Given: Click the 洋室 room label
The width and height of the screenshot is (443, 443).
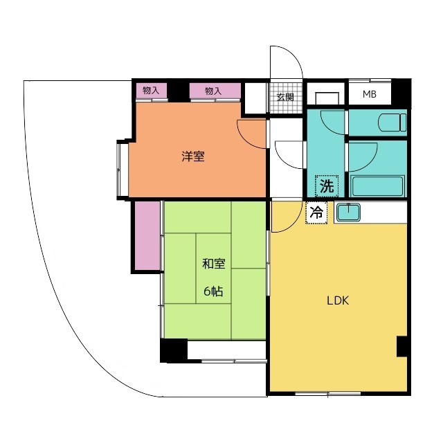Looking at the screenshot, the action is [193, 156].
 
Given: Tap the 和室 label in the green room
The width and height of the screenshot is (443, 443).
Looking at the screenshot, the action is [214, 264].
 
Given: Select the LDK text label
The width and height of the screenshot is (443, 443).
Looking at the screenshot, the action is [338, 300].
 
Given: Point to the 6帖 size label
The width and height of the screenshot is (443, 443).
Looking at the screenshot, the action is [213, 291].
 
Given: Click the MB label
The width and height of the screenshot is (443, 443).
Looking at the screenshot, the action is [370, 94].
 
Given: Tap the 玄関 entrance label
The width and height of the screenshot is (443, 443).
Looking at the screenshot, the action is [285, 97].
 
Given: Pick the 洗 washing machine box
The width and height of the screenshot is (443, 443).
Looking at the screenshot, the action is [327, 186].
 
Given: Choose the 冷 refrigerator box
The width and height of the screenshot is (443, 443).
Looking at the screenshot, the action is [316, 213].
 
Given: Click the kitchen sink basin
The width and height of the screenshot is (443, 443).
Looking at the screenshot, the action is [347, 213].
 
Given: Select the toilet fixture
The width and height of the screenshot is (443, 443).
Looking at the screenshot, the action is [392, 123].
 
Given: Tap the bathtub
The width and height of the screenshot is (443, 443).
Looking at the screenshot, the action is [377, 186].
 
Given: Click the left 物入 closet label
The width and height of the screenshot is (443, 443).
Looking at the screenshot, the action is [151, 91].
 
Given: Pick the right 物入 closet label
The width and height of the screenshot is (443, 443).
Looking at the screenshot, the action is [213, 91].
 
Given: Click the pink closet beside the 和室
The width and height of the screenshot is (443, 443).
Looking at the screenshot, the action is [147, 235].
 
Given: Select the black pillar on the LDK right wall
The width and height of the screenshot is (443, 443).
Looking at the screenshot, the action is [402, 346].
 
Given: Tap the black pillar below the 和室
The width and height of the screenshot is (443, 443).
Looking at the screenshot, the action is [174, 350].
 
